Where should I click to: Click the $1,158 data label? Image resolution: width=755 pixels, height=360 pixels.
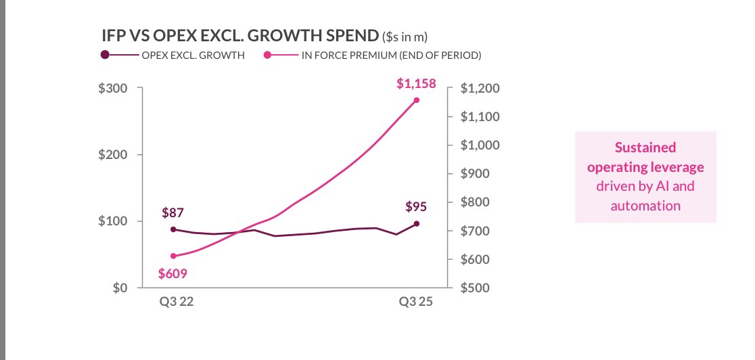(416, 85)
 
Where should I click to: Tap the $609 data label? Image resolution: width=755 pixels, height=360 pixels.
(173, 274)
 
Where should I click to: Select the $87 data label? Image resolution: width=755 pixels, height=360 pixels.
(173, 212)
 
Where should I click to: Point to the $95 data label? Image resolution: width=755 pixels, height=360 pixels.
(417, 205)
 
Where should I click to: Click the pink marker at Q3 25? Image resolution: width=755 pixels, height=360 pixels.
(417, 100)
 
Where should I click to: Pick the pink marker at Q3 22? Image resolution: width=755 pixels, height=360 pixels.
(173, 256)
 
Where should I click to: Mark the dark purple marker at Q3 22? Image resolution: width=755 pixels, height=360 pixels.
(173, 229)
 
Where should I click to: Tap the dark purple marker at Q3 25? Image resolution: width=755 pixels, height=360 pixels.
(417, 223)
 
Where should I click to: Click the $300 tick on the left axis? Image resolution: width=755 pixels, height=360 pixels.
(112, 88)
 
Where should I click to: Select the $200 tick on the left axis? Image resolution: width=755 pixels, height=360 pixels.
(112, 155)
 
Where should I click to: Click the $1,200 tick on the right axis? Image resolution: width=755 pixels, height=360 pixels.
(480, 89)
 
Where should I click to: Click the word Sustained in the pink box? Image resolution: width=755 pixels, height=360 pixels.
(645, 147)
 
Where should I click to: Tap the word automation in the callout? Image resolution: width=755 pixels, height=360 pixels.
(645, 205)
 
